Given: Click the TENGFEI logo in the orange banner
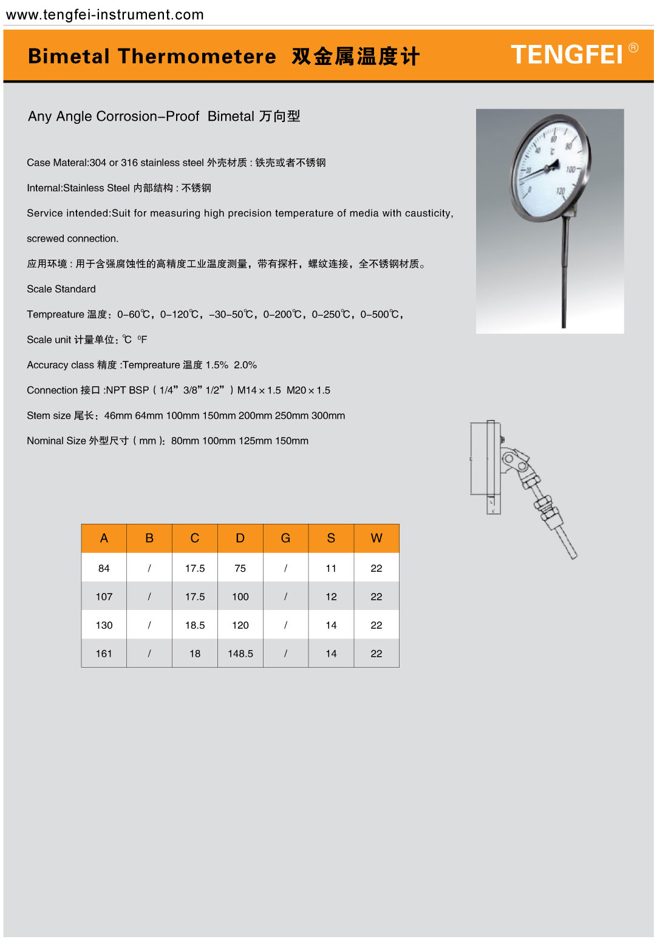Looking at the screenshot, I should [567, 55].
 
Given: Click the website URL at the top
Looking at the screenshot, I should [104, 15].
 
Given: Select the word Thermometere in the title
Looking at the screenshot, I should [197, 56].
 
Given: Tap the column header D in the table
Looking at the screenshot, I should [240, 538].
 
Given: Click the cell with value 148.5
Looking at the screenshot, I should [240, 654].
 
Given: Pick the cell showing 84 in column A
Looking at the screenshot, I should [104, 568].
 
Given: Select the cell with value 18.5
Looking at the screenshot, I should [195, 625].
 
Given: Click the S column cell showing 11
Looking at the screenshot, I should [331, 568].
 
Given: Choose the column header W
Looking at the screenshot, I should [376, 538].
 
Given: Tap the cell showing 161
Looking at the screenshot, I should [104, 654].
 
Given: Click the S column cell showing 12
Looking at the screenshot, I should [331, 597].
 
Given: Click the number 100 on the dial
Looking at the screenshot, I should [570, 169].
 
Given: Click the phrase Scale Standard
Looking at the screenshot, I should [61, 289].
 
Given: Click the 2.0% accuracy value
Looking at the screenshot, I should [245, 365].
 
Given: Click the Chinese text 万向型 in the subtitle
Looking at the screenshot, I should [279, 116].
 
